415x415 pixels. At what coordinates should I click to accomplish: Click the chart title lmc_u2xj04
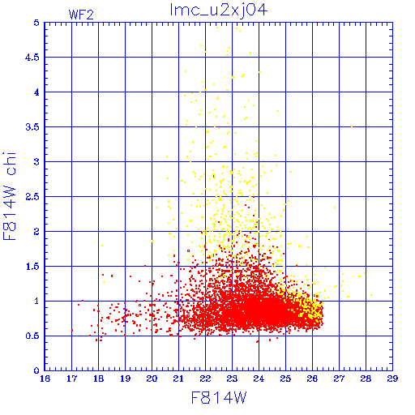pos(219,10)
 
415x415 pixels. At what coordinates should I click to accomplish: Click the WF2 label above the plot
pos(81,15)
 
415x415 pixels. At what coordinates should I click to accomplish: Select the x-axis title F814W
pos(219,397)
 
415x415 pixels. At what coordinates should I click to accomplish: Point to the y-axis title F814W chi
pos(10,196)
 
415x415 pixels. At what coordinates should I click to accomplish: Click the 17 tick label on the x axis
pos(71,379)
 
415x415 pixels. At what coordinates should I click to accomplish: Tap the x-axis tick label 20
pos(152,379)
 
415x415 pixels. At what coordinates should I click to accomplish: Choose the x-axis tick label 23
pos(232,379)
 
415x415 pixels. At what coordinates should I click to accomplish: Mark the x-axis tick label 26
pos(312,379)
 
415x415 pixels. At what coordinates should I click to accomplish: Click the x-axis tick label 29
pos(392,379)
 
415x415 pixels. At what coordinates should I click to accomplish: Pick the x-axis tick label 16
pos(45,379)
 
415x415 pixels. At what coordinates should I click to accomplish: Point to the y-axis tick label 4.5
pos(32,58)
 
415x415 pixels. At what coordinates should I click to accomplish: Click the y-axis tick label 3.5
pos(32,127)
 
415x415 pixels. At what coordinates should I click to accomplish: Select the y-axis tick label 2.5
pos(32,197)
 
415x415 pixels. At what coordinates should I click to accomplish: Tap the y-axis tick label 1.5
pos(32,267)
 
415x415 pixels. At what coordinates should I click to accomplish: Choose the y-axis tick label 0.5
pos(32,336)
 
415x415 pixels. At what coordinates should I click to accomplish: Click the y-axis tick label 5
pos(36,23)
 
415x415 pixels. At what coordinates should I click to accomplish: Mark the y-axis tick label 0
pos(36,370)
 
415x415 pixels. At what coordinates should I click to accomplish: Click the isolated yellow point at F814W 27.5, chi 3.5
pos(352,126)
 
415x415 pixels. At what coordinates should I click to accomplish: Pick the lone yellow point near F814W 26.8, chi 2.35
pos(335,207)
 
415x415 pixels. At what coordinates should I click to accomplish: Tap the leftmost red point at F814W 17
pos(72,330)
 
